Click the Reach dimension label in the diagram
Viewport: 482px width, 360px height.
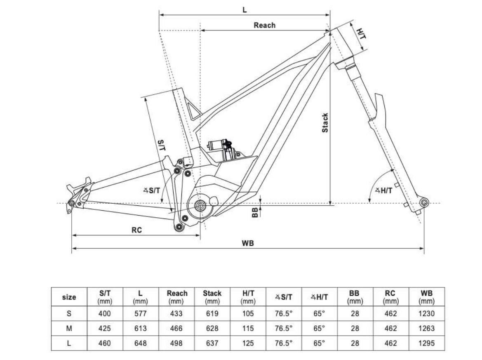(264, 25)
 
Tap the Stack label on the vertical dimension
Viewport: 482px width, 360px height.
(325, 123)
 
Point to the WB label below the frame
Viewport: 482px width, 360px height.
(248, 243)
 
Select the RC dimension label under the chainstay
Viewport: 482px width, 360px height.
(136, 230)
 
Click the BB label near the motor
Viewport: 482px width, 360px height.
(255, 212)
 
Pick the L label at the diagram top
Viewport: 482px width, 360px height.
(245, 9)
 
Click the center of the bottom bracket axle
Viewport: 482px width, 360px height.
(200, 205)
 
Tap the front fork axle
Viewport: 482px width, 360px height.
(424, 202)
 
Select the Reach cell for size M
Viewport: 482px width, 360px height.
(177, 328)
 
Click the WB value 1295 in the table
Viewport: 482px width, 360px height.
(426, 343)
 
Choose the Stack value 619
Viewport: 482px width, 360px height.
(212, 313)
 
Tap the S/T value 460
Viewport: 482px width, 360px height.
(105, 343)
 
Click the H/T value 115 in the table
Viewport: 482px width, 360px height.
(248, 328)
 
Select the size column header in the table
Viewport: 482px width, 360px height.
(69, 297)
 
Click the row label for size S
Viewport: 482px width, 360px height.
(69, 313)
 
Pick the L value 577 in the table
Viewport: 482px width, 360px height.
(141, 313)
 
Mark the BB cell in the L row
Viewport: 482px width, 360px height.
(355, 343)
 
